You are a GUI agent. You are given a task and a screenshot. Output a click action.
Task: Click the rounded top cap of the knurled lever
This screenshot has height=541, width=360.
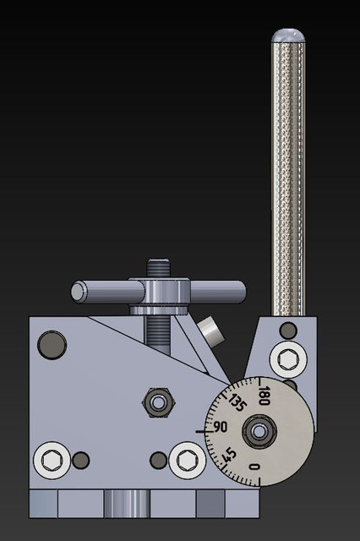tap(288, 35)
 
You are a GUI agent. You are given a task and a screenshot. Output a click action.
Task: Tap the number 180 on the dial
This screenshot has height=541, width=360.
tap(264, 395)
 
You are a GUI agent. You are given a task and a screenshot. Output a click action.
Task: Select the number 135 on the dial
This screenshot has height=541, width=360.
tap(237, 403)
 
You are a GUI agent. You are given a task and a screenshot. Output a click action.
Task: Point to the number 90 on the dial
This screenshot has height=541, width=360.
tap(222, 426)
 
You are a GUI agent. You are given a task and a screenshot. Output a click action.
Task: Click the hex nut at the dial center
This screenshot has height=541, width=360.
tap(258, 434)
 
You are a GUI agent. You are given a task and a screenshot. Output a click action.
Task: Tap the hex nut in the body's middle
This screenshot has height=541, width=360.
tap(156, 402)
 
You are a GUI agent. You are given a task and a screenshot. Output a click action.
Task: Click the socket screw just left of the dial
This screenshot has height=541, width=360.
tap(187, 461)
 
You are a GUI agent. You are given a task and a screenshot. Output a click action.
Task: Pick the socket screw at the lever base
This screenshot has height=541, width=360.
tap(287, 358)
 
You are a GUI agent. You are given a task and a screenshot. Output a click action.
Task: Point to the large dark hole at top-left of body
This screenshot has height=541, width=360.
tap(52, 345)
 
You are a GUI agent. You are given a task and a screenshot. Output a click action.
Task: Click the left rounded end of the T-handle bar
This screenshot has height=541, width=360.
tap(79, 292)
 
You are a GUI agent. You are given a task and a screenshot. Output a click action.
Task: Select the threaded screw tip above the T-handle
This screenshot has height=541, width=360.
tap(158, 268)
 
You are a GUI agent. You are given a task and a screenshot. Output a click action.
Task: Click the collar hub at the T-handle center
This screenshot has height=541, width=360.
tap(158, 294)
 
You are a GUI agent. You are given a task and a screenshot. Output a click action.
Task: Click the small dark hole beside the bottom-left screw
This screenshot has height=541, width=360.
tap(81, 460)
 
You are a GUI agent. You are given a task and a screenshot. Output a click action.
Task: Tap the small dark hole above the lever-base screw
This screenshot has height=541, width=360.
tap(288, 329)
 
